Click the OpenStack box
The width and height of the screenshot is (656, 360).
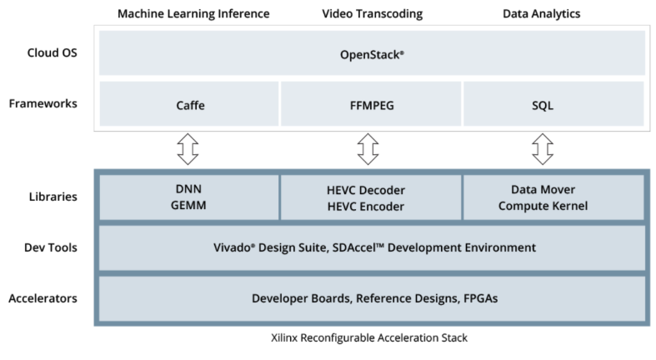pyautogui.click(x=372, y=53)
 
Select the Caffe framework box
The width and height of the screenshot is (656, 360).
pyautogui.click(x=189, y=103)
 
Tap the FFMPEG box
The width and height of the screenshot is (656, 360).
pyautogui.click(x=371, y=103)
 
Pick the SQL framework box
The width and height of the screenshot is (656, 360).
pyautogui.click(x=554, y=103)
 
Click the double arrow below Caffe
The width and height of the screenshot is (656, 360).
pyautogui.click(x=188, y=149)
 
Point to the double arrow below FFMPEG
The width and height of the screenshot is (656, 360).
pyautogui.click(x=368, y=149)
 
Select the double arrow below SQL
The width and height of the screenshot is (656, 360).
pyautogui.click(x=543, y=149)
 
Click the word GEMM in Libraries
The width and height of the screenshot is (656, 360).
pyautogui.click(x=188, y=205)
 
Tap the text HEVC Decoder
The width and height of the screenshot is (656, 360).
pyautogui.click(x=366, y=190)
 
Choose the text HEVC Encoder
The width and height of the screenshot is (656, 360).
pyautogui.click(x=366, y=207)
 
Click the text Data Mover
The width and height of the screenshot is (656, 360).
pyautogui.click(x=543, y=189)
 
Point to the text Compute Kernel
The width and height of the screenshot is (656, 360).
pyautogui.click(x=543, y=206)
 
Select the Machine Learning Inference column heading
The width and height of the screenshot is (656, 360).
pyautogui.click(x=193, y=14)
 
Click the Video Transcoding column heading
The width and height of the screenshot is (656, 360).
pyautogui.click(x=373, y=14)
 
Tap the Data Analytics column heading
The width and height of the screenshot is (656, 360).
pyautogui.click(x=541, y=14)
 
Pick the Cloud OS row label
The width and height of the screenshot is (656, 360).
pyautogui.click(x=53, y=52)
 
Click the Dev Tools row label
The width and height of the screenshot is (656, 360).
pyautogui.click(x=51, y=247)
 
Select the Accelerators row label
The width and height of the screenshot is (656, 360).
pyautogui.click(x=43, y=298)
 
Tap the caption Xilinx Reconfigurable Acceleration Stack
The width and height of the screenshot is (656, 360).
pyautogui.click(x=369, y=337)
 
